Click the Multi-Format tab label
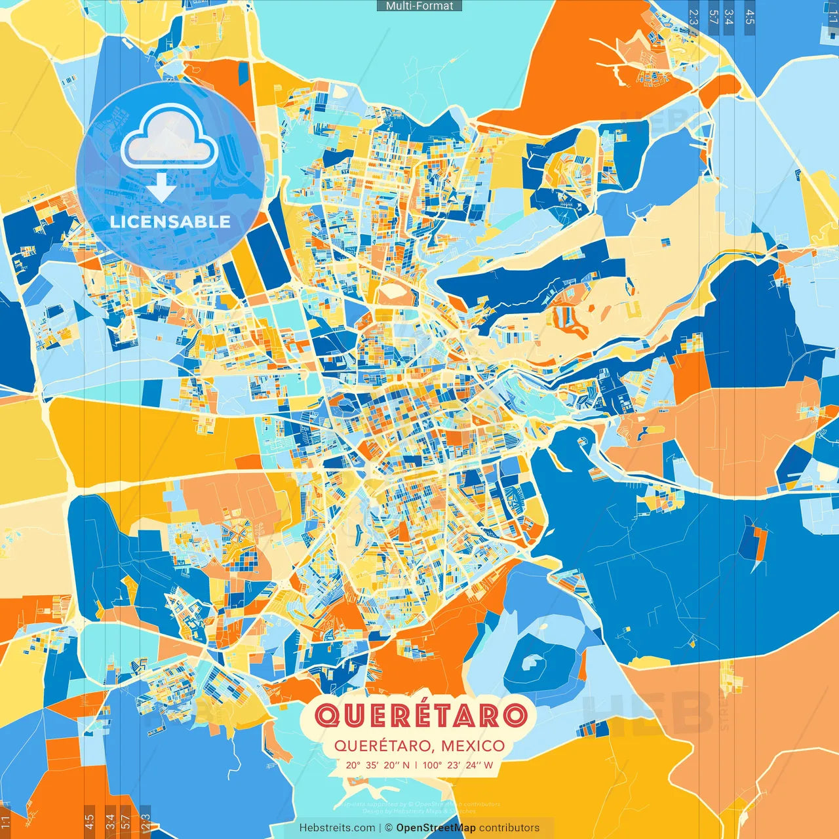pos(419,6)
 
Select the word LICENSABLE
pos(170,222)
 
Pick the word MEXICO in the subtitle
pos(473,746)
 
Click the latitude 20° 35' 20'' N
pos(378,765)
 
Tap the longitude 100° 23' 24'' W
pos(458,765)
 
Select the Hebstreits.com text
pos(337,828)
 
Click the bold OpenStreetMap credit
pos(435,828)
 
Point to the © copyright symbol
pos(388,828)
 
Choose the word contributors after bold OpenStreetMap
pos(509,828)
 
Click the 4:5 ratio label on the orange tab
pos(89,821)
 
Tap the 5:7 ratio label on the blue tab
pos(713,17)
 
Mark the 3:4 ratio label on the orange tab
pos(110,821)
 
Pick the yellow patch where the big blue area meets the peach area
pos(649,663)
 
